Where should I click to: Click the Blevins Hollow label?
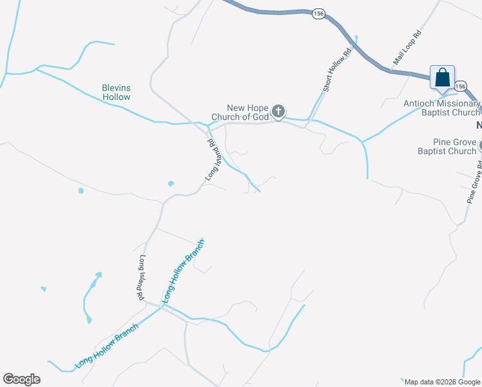(x=116, y=92)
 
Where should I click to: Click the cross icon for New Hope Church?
(x=278, y=112)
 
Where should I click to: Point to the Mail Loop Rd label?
(x=407, y=48)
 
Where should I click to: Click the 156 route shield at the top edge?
(x=318, y=14)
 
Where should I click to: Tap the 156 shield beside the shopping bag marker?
(x=459, y=86)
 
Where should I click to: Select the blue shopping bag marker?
(x=442, y=78)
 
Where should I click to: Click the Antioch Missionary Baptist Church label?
(x=442, y=108)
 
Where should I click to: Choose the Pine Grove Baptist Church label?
(x=447, y=146)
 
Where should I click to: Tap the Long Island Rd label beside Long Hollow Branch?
(x=141, y=278)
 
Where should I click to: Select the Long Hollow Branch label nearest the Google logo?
(x=107, y=346)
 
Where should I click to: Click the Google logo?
(x=21, y=379)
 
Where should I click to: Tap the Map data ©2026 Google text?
(x=443, y=381)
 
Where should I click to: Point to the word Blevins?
(x=116, y=88)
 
